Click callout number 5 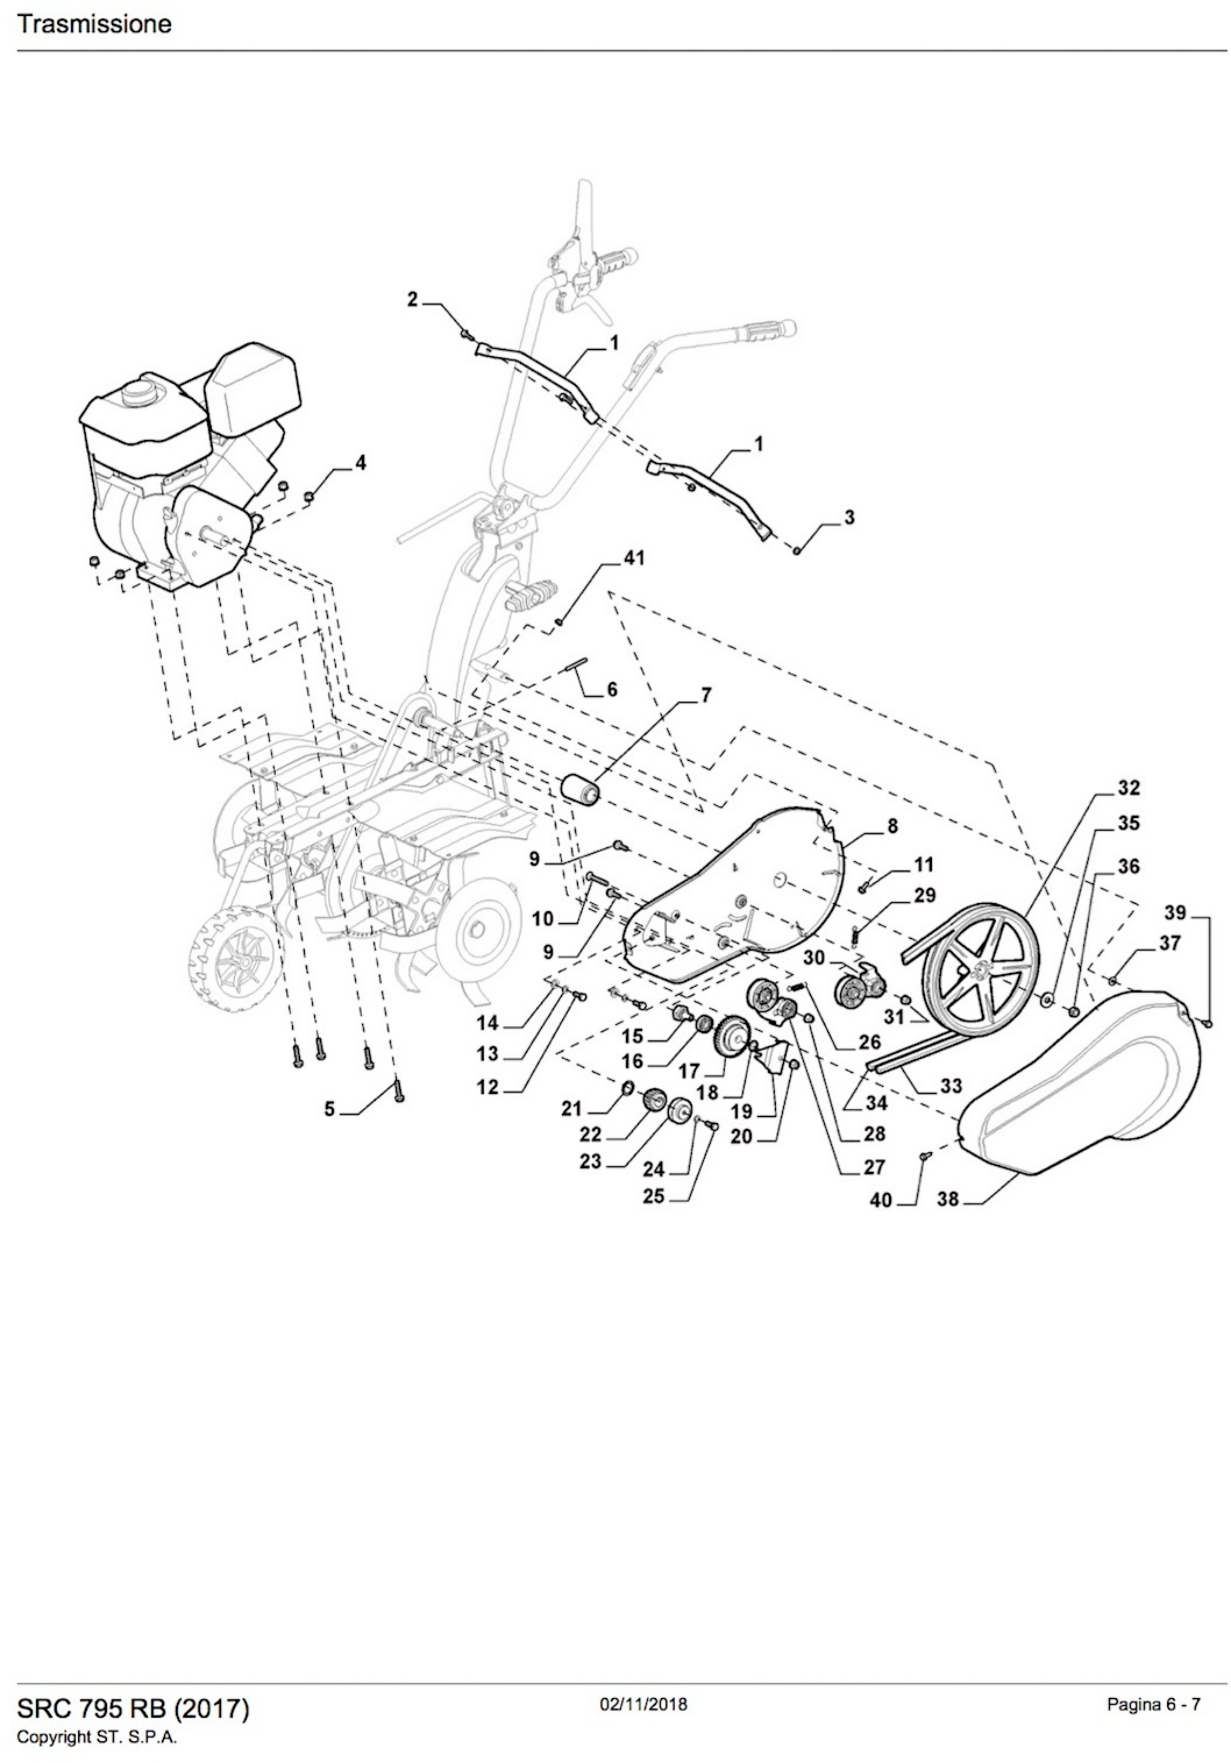tap(329, 1109)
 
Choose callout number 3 tap(849, 517)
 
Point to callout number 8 tap(892, 826)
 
